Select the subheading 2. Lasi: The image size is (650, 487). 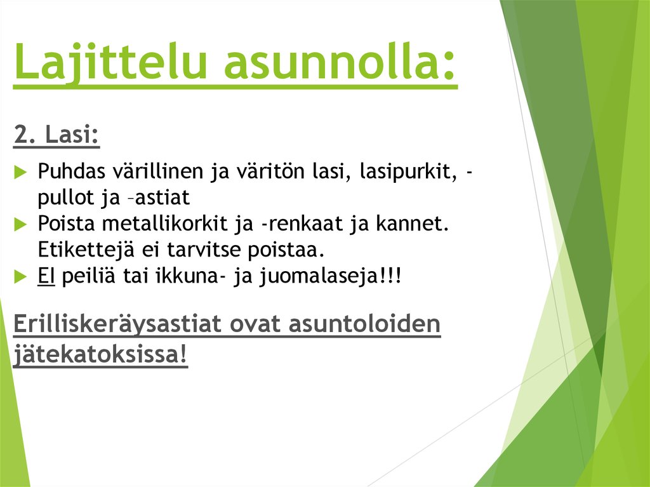(x=56, y=135)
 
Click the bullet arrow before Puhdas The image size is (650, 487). (x=20, y=171)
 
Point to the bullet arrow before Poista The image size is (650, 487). (x=20, y=224)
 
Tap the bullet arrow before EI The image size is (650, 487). (x=20, y=276)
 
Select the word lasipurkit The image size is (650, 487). (x=406, y=171)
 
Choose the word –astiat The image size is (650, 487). (x=160, y=198)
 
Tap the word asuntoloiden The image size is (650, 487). (x=365, y=324)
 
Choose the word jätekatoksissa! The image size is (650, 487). (x=100, y=354)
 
